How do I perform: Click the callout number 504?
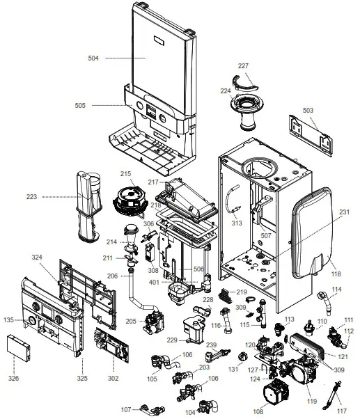tap(94, 59)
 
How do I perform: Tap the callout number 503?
tap(308, 109)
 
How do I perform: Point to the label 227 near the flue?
tap(243, 66)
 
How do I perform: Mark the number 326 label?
tap(13, 379)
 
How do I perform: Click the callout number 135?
tap(8, 321)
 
